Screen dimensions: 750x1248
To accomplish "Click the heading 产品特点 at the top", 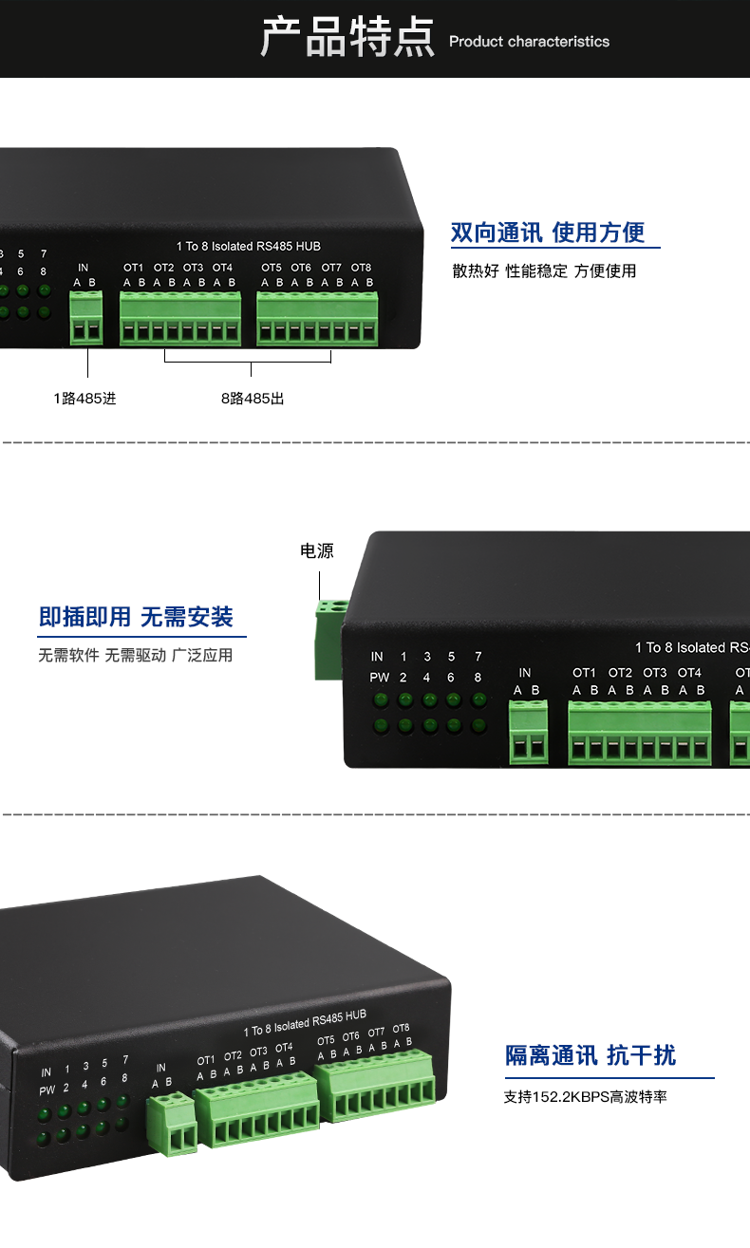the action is (347, 38).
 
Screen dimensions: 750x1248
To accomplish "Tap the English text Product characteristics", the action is (529, 42).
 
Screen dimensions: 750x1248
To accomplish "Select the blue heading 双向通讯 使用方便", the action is (548, 233).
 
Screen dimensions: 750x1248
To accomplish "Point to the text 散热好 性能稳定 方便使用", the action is (544, 271).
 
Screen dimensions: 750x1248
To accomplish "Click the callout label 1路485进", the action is (84, 399).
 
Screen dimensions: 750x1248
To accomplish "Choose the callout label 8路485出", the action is (253, 399).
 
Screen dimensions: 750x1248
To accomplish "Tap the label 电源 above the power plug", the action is (317, 551).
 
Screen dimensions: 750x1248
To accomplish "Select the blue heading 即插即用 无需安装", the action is (136, 617).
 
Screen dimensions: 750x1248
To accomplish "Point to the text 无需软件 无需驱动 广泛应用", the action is (136, 656).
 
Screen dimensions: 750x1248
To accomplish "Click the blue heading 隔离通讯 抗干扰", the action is (591, 1055).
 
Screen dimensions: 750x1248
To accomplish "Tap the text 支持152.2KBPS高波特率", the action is (586, 1097).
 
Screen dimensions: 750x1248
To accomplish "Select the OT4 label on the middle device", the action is (689, 673).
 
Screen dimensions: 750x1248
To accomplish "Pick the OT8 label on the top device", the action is (361, 268).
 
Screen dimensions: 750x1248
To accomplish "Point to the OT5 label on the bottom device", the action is (326, 1040).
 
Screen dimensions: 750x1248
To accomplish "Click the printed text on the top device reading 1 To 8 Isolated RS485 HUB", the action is (249, 247).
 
